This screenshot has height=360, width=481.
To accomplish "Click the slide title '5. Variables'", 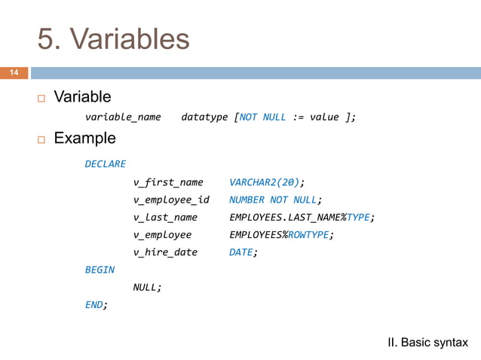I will (x=113, y=39).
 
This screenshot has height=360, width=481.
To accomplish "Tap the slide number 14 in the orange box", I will (x=14, y=73).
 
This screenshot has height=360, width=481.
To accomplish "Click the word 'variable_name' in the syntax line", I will (x=122, y=117).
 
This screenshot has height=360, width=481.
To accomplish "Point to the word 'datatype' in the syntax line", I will (x=204, y=117).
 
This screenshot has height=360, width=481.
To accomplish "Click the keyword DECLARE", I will (x=105, y=163).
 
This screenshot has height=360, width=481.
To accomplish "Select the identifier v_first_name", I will (x=168, y=182).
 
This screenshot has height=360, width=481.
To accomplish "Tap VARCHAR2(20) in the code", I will (x=265, y=182).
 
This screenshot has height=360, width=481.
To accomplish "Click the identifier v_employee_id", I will (x=171, y=200).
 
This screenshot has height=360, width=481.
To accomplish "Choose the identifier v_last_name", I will (x=165, y=218).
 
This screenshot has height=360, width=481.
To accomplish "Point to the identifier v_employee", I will (x=162, y=235).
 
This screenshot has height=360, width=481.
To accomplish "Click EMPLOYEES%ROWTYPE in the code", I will (x=280, y=235).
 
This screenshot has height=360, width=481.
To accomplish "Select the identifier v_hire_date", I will (x=165, y=252).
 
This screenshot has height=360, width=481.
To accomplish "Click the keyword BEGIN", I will (x=100, y=270).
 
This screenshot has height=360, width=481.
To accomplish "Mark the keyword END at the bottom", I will (x=95, y=304).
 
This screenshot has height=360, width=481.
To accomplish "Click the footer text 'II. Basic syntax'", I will (x=427, y=343).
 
